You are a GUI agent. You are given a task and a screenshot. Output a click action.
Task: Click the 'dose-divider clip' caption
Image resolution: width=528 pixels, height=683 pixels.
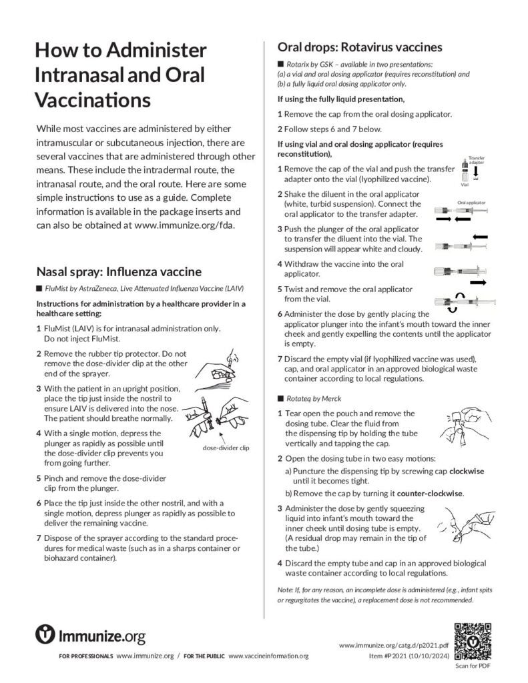pos(226,448)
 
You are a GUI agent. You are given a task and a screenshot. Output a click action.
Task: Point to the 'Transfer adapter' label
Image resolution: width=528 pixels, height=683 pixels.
pos(477,159)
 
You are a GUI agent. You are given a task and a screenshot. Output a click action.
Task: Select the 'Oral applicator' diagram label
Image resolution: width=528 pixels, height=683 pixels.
pos(471,201)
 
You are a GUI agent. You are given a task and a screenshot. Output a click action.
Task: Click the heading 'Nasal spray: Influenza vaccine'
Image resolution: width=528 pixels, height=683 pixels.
pos(114,271)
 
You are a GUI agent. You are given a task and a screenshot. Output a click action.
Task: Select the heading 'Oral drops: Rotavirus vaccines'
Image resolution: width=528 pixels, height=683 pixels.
pos(360,47)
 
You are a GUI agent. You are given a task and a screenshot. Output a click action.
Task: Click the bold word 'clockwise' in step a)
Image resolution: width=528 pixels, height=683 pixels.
pos(467,471)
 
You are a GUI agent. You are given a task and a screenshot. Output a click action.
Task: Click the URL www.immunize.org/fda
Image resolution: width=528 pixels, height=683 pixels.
pos(184,225)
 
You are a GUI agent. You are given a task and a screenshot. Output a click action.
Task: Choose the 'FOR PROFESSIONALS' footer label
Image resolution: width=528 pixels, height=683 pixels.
pos(87,656)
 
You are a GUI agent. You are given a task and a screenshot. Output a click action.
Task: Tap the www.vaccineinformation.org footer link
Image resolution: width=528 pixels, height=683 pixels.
pos(268,656)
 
